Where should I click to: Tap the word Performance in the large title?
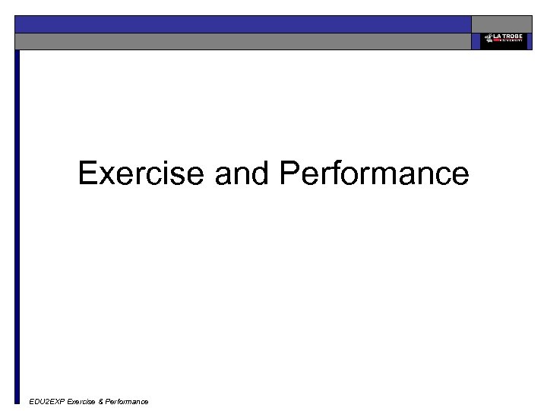coord(374,174)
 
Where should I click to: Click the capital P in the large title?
coord(290,174)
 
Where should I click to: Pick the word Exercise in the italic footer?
coord(81,401)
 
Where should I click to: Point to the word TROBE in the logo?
coord(513,37)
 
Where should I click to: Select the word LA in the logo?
coord(497,37)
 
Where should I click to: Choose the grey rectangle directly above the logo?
coord(501,24)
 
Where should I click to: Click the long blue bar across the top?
coord(243,24)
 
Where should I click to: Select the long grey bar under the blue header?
coord(243,41)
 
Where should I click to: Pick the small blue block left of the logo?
coord(476,41)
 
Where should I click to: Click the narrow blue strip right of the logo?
coord(530,41)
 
